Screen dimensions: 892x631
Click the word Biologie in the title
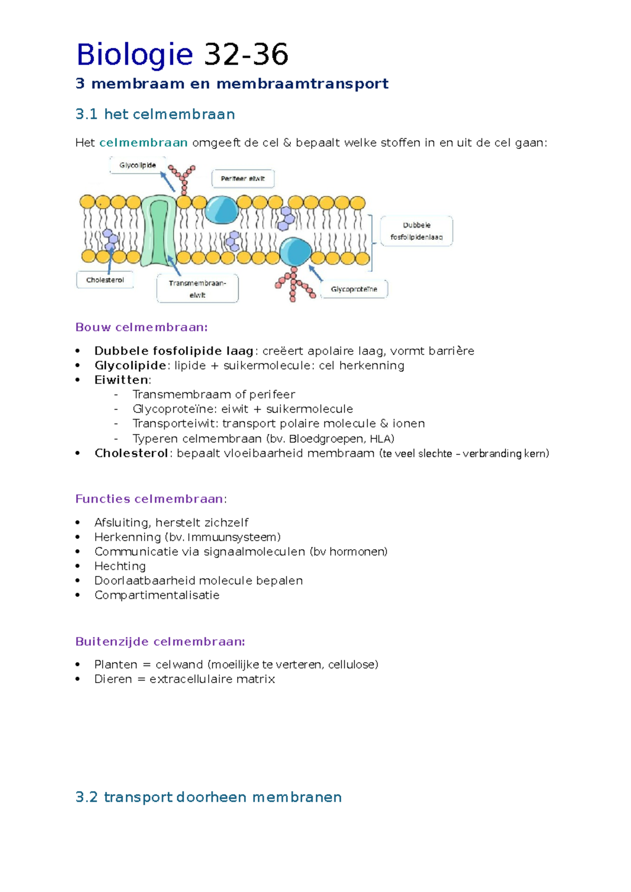tap(135, 55)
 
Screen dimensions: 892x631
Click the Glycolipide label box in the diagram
tap(137, 165)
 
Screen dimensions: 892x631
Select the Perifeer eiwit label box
tap(243, 178)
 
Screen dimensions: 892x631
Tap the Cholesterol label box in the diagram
tap(105, 280)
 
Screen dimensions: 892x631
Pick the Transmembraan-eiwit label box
tap(198, 289)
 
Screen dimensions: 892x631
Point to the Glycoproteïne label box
tap(354, 289)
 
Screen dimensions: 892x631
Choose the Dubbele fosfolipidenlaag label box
tap(416, 231)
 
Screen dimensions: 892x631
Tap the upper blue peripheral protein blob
tap(221, 210)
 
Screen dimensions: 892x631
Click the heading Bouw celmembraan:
tap(141, 327)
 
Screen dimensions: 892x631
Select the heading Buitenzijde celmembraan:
tap(160, 642)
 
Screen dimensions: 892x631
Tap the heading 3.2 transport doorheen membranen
tap(208, 797)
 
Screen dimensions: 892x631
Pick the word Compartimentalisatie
tap(157, 595)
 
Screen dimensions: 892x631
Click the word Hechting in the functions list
tap(120, 566)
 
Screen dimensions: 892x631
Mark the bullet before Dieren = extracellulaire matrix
tap(78, 679)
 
